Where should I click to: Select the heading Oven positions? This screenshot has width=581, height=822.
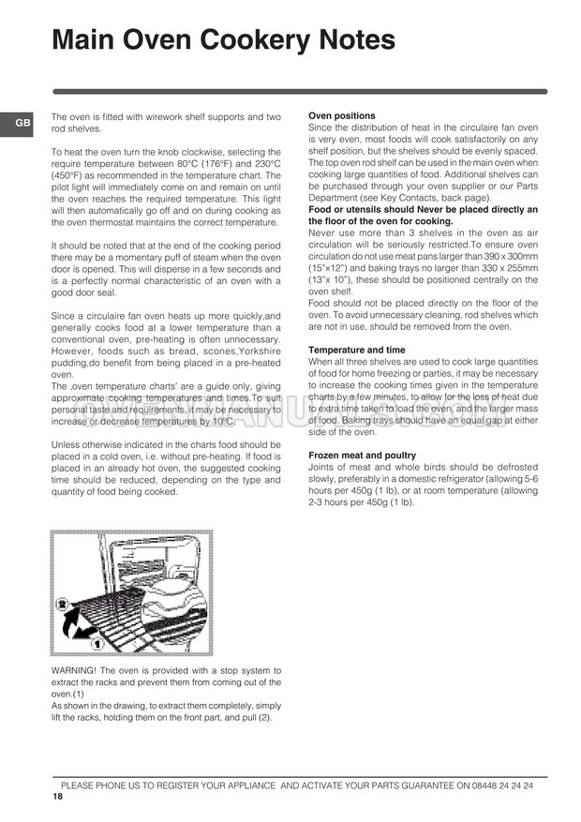[x=342, y=116]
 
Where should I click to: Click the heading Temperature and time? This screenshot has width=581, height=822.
[x=357, y=350]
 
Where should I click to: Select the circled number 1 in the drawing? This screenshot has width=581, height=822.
[x=97, y=646]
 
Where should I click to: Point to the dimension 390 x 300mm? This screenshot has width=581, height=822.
[x=505, y=257]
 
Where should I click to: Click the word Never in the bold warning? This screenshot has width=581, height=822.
[x=425, y=210]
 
